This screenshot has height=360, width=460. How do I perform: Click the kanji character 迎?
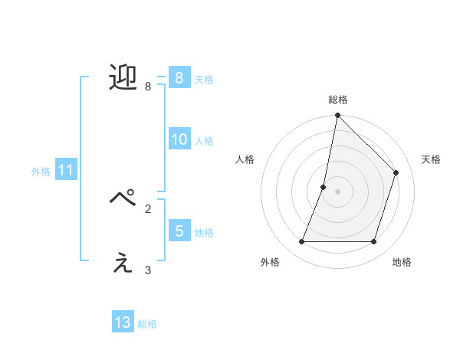(x=123, y=77)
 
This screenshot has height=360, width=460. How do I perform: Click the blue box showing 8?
(x=179, y=78)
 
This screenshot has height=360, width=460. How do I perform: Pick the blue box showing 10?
(x=179, y=139)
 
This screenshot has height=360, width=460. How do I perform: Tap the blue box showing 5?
(x=179, y=231)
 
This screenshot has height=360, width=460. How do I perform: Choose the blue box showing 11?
(x=65, y=171)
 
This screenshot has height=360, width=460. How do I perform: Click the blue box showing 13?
(x=123, y=322)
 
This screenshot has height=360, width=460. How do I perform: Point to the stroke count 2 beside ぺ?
(x=148, y=208)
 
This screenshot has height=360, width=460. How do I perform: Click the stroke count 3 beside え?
(x=148, y=270)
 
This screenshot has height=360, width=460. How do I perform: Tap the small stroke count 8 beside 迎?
(x=148, y=87)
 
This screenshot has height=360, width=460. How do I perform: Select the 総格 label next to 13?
(x=147, y=324)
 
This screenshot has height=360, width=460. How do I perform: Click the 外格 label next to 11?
(x=41, y=172)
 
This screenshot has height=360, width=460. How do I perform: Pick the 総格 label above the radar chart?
(x=337, y=100)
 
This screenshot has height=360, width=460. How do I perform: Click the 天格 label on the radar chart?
(x=431, y=159)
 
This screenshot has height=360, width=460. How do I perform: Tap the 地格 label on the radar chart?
(x=402, y=263)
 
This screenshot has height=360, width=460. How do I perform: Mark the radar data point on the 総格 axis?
(x=337, y=116)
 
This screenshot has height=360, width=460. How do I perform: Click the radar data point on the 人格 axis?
(x=324, y=187)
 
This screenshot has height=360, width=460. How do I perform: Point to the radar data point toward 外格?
(x=301, y=242)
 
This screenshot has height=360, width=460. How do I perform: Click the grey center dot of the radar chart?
(x=337, y=191)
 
